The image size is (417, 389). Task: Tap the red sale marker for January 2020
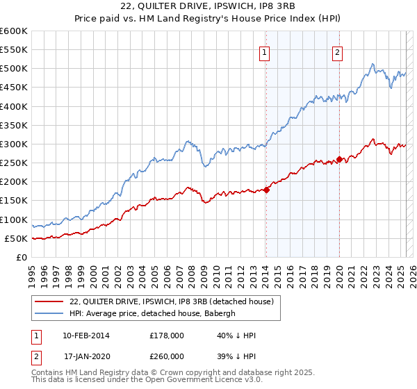[x=339, y=159]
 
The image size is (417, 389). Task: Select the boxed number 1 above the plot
[x=265, y=51]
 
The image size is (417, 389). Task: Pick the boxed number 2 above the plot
[x=337, y=51]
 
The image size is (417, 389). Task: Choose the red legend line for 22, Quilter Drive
[x=49, y=301]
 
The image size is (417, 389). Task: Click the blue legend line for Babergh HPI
[x=49, y=313]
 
